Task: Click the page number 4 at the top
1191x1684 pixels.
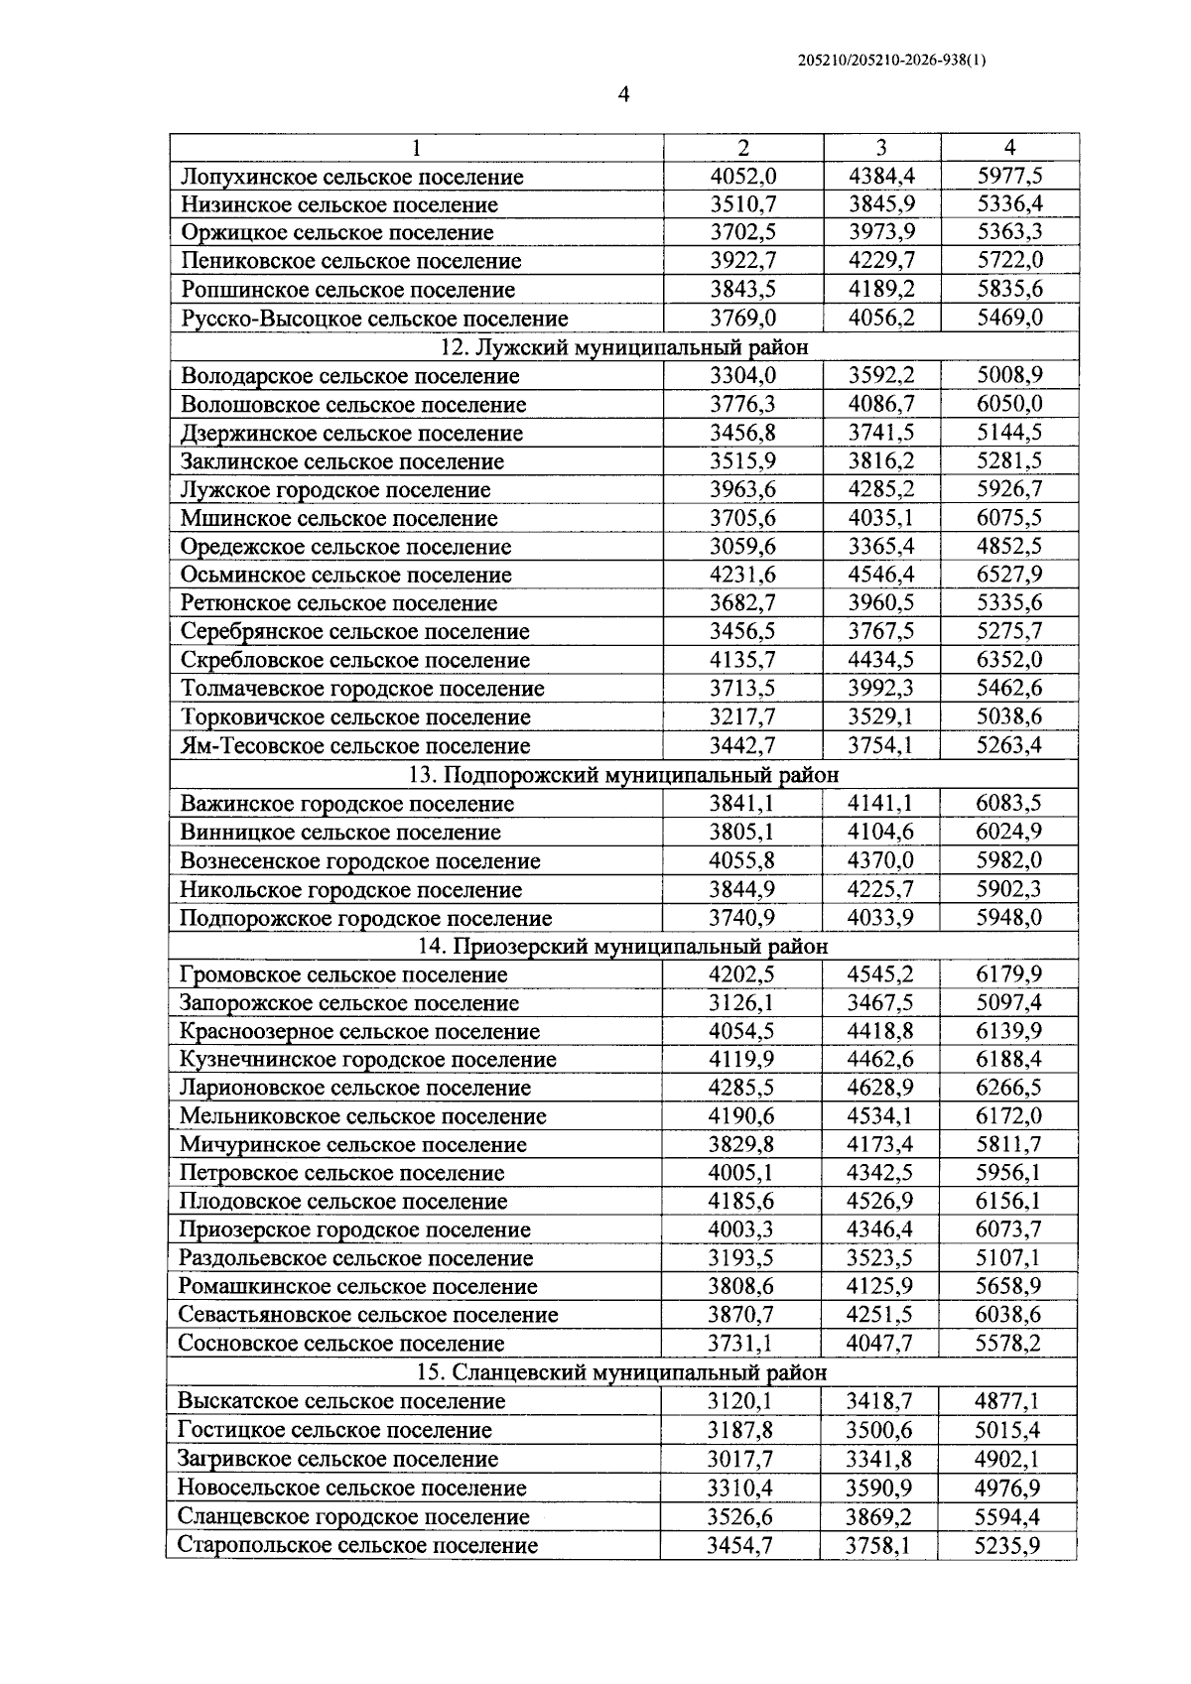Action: click(624, 95)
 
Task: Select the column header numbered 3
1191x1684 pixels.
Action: click(881, 148)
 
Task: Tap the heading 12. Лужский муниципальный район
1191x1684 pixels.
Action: click(623, 347)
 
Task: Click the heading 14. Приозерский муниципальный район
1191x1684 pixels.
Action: click(620, 947)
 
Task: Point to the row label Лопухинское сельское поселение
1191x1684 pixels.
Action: click(352, 178)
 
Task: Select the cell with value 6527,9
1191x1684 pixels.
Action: click(1008, 575)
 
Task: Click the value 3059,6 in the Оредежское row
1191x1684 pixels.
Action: click(742, 547)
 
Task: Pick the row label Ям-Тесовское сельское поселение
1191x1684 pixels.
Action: click(355, 746)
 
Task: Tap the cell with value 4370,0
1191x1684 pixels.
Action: click(880, 860)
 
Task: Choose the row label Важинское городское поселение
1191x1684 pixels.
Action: click(347, 804)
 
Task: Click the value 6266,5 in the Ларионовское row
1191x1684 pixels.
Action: click(1008, 1088)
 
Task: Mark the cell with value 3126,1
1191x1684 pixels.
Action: click(741, 1003)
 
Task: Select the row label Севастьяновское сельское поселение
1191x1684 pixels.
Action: click(368, 1316)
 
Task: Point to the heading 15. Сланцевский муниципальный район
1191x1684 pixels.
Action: click(619, 1373)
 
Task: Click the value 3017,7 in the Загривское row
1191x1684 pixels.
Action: click(740, 1459)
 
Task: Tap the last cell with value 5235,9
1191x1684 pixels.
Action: click(1007, 1545)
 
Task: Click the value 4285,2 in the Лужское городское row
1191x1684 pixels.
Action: click(881, 490)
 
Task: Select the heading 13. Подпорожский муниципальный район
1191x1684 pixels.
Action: click(623, 775)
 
